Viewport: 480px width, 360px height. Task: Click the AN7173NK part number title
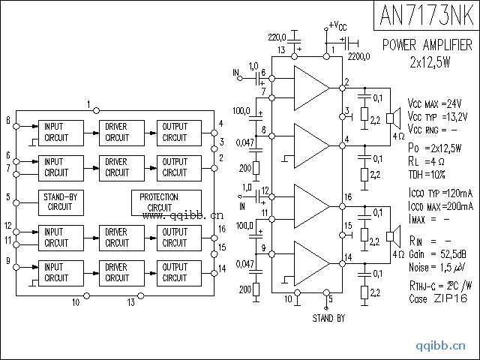[x=425, y=16]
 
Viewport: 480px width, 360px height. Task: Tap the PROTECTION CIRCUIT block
[x=166, y=202]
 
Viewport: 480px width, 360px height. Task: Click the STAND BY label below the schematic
[x=328, y=318]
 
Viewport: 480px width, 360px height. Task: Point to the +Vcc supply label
[x=338, y=27]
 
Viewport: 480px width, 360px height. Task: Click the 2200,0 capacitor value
[x=359, y=55]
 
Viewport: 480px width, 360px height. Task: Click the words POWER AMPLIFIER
[x=427, y=45]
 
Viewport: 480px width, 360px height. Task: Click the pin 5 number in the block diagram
[x=7, y=198]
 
